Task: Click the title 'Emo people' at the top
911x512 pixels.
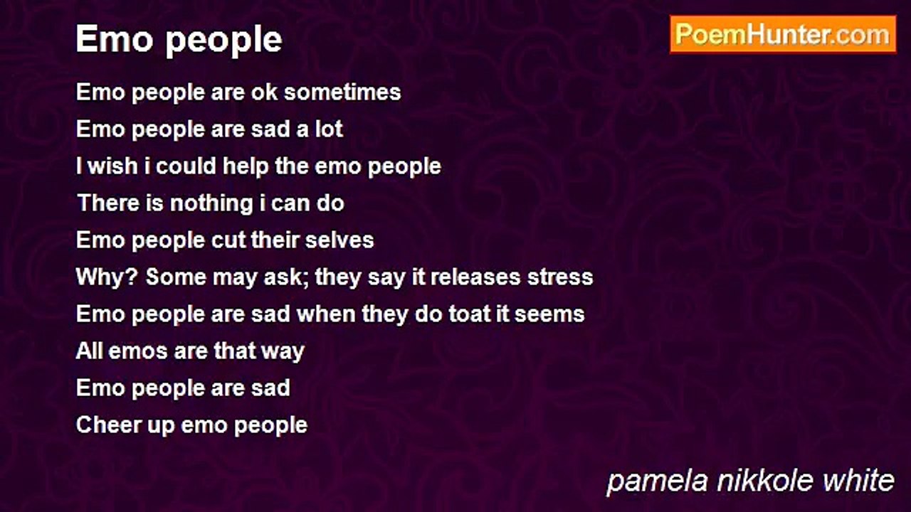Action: click(x=179, y=41)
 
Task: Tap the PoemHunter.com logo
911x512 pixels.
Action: click(x=783, y=35)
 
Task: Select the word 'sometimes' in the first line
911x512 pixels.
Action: click(x=342, y=92)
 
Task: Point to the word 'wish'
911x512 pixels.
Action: click(x=112, y=166)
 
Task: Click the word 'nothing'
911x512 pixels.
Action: click(x=211, y=203)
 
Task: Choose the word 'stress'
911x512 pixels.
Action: click(x=560, y=277)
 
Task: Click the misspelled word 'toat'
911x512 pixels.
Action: click(x=469, y=314)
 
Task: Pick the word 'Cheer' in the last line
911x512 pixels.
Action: click(x=108, y=425)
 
